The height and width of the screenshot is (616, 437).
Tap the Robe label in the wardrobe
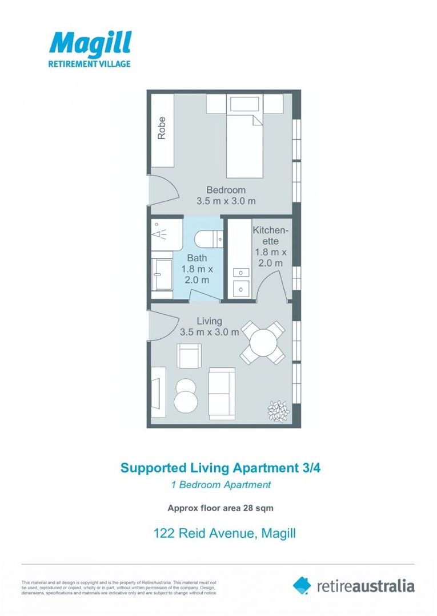click(162, 128)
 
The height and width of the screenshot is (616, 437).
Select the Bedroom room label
click(226, 190)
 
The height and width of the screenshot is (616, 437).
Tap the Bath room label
click(197, 258)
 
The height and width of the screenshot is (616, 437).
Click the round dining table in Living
click(262, 342)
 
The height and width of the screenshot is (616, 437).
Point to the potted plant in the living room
click(278, 410)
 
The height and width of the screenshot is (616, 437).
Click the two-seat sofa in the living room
click(222, 392)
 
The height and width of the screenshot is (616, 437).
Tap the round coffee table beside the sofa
click(187, 394)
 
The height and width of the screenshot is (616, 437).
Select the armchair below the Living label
click(189, 356)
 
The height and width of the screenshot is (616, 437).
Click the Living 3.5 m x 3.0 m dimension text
click(209, 332)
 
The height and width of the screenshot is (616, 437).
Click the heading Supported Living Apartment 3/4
click(224, 468)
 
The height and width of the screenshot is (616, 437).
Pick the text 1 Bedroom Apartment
click(220, 485)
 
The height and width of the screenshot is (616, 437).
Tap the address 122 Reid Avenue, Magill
click(224, 534)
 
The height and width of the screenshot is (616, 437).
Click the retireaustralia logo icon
click(302, 585)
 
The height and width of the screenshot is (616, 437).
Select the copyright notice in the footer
click(119, 588)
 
